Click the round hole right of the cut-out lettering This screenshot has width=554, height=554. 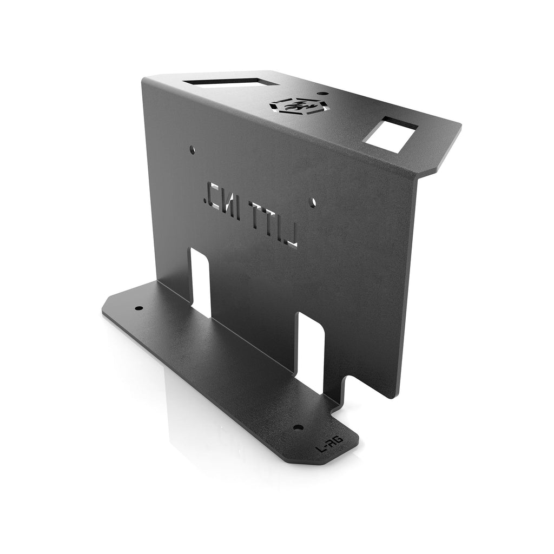pos(313,202)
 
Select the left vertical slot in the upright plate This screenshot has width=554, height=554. pos(200,281)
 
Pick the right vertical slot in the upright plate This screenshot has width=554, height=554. pos(311,352)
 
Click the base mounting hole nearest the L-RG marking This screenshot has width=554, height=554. pos(297,427)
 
